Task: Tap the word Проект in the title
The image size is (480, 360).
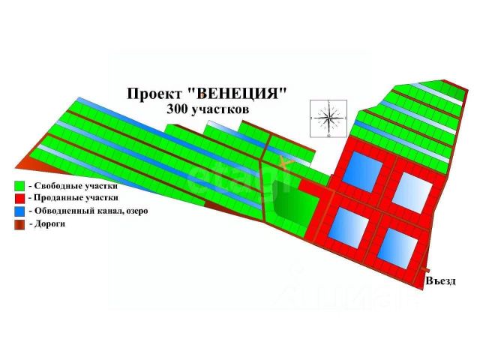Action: (x=154, y=93)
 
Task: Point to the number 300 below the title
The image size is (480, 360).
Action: (x=178, y=108)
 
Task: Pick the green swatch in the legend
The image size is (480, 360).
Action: (x=19, y=184)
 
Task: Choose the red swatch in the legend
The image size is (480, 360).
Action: (x=19, y=197)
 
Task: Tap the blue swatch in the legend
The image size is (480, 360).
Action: (x=19, y=211)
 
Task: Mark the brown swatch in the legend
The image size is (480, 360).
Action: (x=19, y=223)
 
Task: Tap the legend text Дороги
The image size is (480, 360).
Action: (x=49, y=223)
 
